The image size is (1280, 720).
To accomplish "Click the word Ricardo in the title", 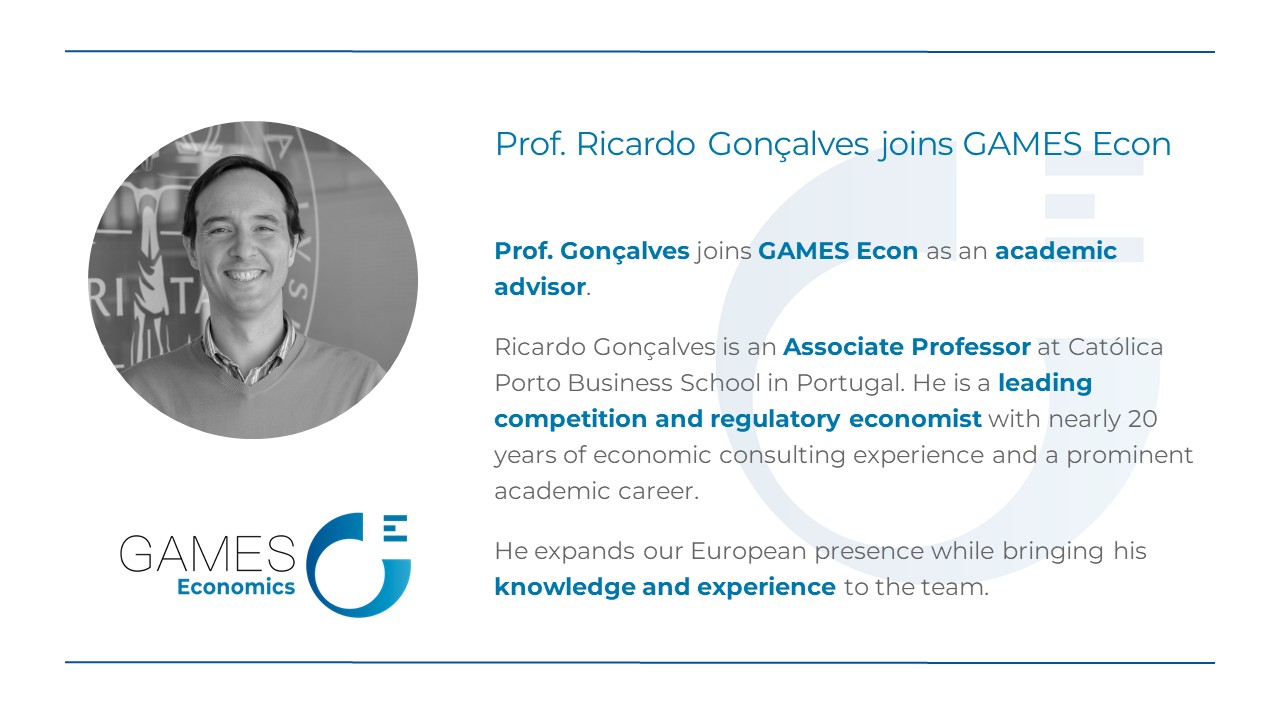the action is tap(635, 143).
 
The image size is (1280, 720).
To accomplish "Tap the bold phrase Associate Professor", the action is tap(907, 347).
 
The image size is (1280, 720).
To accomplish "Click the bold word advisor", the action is tap(540, 287).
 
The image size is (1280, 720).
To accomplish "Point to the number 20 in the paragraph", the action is tap(1142, 419).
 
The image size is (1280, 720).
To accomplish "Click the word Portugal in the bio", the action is tap(850, 383).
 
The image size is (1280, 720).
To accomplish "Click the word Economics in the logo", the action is tap(236, 587).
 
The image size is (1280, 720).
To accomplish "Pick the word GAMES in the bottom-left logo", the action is tap(207, 554).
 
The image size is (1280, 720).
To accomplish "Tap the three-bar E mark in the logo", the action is tap(395, 528).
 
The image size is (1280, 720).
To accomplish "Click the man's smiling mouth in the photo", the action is tap(245, 275).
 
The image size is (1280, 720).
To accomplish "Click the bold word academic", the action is tap(1056, 251).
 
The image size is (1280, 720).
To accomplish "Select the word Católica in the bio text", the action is tap(1115, 347).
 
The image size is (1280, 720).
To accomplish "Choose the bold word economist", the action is tap(915, 419).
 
